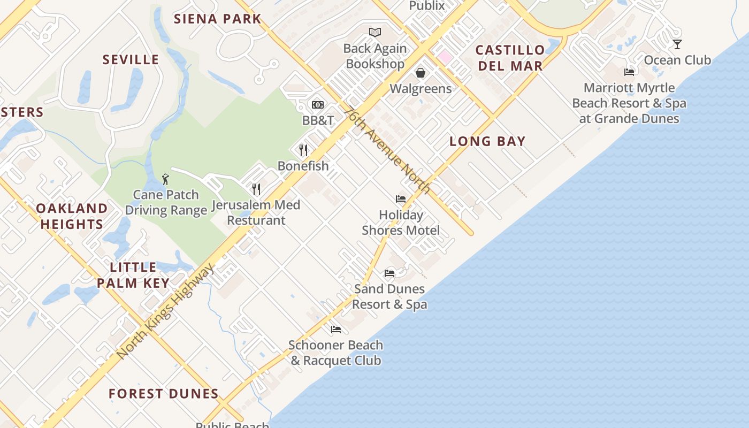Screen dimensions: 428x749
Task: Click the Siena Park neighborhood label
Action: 217,19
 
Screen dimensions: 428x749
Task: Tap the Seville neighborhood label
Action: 131,59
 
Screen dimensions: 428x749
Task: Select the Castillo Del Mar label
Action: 510,58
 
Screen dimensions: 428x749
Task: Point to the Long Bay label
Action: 487,141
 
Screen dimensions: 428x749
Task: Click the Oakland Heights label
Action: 72,216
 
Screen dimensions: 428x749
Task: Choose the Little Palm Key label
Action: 133,274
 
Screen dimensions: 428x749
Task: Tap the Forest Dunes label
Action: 163,394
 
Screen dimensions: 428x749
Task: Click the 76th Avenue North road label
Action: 387,151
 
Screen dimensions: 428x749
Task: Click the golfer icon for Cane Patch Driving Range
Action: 165,179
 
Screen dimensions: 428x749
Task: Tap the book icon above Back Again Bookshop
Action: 375,33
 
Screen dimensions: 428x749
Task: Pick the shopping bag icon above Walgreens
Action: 421,73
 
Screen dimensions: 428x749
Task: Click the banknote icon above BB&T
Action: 318,105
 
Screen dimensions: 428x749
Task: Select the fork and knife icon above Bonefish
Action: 303,150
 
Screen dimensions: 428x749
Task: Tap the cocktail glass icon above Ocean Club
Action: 677,44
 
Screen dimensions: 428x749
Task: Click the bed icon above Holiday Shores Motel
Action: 401,199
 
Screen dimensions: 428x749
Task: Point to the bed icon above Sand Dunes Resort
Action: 389,273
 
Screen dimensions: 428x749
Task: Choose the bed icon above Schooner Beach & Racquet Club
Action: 336,329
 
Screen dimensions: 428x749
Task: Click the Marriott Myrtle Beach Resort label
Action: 629,103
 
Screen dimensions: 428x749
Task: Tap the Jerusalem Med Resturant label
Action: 256,212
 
